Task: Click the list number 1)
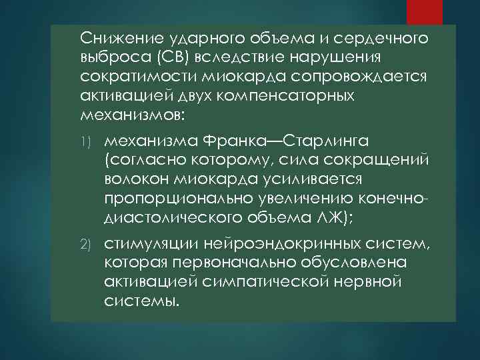[87, 142]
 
